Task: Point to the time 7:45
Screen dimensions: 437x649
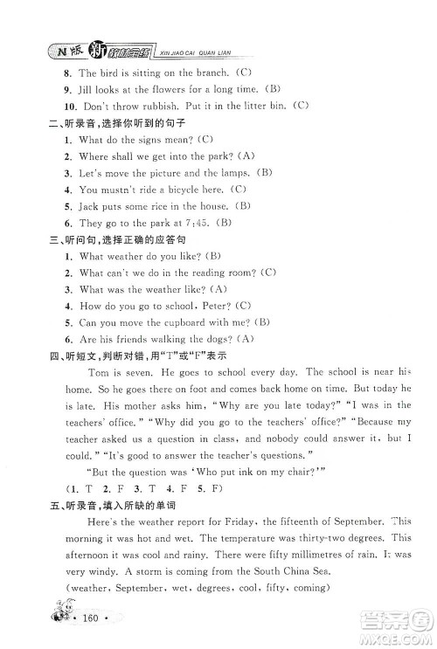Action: [x=199, y=222]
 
